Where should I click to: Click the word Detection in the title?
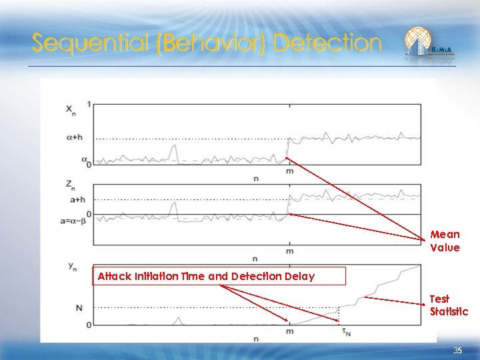click(x=327, y=43)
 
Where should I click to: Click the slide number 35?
click(x=457, y=351)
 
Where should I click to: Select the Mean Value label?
click(x=445, y=241)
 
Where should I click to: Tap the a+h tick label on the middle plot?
click(x=77, y=199)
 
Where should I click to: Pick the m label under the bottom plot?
click(x=289, y=331)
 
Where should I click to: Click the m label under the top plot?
click(x=289, y=171)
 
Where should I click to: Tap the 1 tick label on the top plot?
click(x=89, y=105)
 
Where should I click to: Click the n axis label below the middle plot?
click(x=255, y=259)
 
